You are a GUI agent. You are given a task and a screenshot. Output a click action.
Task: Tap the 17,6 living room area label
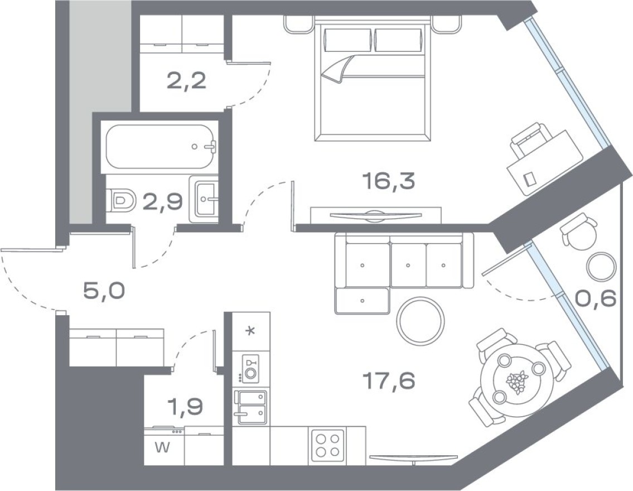(388, 382)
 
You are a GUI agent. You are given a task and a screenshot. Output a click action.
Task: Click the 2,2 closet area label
(187, 82)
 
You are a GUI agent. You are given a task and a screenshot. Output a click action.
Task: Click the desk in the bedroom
(537, 162)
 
